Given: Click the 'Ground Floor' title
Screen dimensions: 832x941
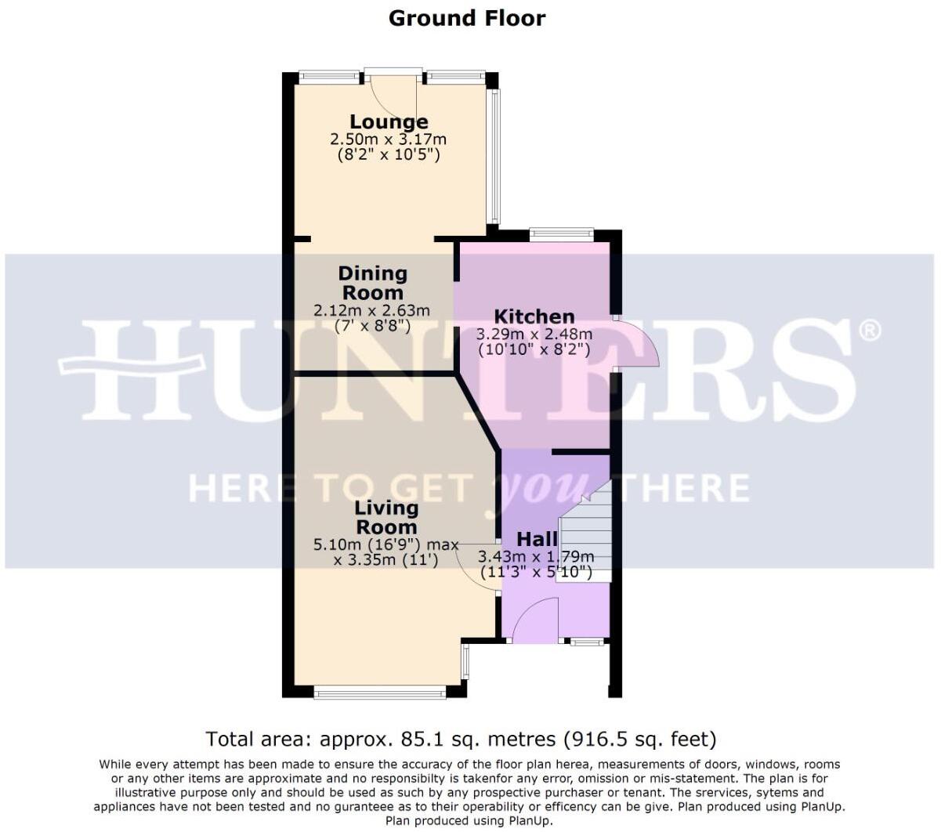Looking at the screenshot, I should [x=467, y=18].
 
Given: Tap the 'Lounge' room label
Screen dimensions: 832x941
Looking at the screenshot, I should [x=389, y=121].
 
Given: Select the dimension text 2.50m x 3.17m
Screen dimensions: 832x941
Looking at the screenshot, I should [x=388, y=139].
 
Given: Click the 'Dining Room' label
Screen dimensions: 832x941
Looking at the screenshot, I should [x=373, y=283].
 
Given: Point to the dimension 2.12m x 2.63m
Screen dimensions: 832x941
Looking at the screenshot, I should [x=372, y=311].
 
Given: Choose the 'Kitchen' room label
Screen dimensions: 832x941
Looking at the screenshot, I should [x=534, y=317].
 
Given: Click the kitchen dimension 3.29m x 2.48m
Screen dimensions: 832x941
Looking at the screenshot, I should [x=534, y=334].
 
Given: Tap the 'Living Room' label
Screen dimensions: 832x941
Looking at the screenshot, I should [x=386, y=517].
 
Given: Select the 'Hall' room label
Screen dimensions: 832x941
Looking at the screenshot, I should [x=537, y=539].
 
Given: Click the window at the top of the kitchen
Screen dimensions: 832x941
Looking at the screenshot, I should [x=561, y=233].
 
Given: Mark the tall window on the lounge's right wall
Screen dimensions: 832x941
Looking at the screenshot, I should [x=494, y=157].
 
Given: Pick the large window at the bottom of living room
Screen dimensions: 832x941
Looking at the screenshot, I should [x=380, y=692].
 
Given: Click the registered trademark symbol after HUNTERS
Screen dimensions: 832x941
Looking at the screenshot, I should [x=870, y=331].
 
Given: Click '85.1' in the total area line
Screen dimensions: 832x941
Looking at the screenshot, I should [x=422, y=739].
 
